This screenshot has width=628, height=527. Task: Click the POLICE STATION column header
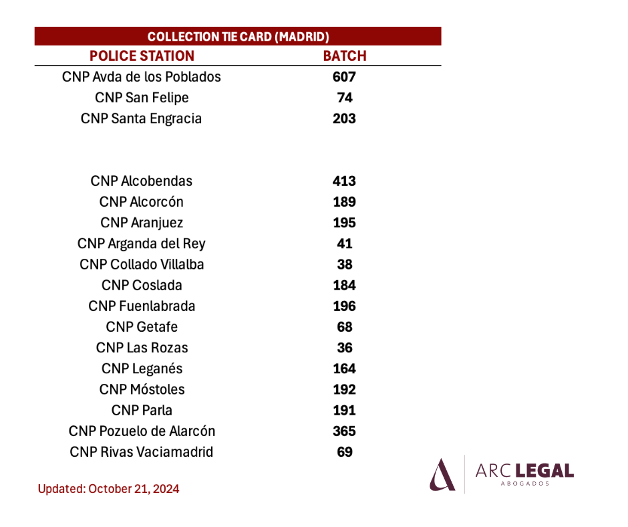pyautogui.click(x=142, y=56)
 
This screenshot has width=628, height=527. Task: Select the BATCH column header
pyautogui.click(x=345, y=56)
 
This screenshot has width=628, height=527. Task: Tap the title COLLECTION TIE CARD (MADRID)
pyautogui.click(x=239, y=37)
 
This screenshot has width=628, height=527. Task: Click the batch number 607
pyautogui.click(x=345, y=77)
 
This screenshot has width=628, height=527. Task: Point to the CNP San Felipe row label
pyautogui.click(x=142, y=98)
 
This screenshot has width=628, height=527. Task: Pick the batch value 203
pyautogui.click(x=345, y=118)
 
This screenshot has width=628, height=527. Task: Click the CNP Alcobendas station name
pyautogui.click(x=142, y=181)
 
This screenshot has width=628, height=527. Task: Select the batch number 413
pyautogui.click(x=345, y=181)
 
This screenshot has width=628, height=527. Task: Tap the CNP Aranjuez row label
pyautogui.click(x=142, y=223)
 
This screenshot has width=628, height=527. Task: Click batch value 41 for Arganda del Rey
pyautogui.click(x=345, y=243)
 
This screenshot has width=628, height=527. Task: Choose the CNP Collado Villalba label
pyautogui.click(x=142, y=264)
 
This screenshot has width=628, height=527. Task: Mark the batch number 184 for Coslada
pyautogui.click(x=345, y=285)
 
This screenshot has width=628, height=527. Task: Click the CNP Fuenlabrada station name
pyautogui.click(x=142, y=306)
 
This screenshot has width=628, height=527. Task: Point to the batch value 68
pyautogui.click(x=345, y=327)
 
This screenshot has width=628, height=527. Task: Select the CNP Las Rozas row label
pyautogui.click(x=142, y=348)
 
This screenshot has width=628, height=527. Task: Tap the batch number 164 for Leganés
pyautogui.click(x=345, y=368)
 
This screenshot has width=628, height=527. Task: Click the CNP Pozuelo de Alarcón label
pyautogui.click(x=142, y=431)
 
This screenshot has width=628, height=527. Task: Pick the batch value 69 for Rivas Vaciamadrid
pyautogui.click(x=345, y=452)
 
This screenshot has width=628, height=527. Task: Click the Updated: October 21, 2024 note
pyautogui.click(x=108, y=489)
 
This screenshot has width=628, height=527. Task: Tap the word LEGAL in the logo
pyautogui.click(x=544, y=471)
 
